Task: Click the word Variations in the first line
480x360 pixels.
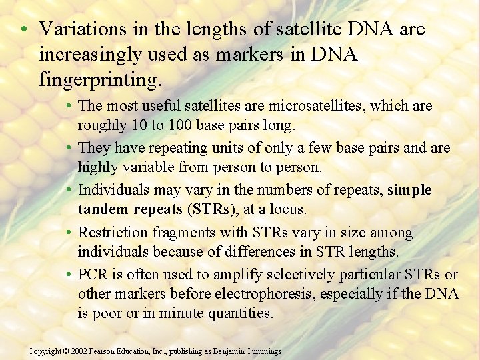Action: pos(75,29)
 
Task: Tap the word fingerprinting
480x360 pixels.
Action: pos(100,81)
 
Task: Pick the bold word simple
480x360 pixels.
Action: pos(409,190)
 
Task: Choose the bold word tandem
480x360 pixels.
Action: pos(101,209)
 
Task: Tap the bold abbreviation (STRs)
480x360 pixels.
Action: pos(213,209)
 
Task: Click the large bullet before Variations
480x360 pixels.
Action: pos(23,30)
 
